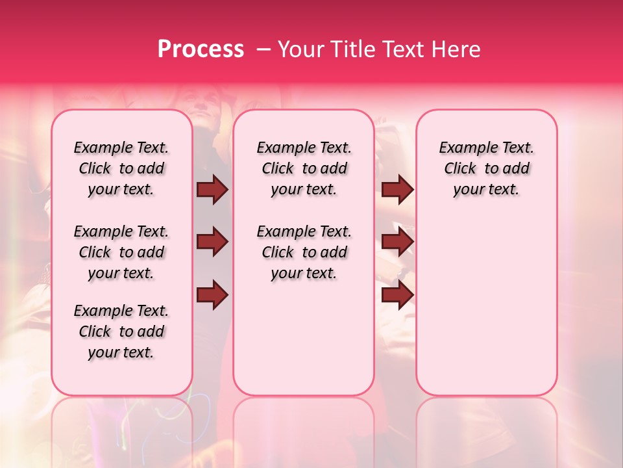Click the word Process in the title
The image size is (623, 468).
(x=200, y=49)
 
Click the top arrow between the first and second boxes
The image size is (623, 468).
(x=212, y=190)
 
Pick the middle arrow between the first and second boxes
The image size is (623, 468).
(x=212, y=242)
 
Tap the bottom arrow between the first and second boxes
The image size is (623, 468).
(x=212, y=295)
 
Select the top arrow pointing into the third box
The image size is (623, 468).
(x=397, y=190)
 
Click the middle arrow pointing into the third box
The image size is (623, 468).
(x=397, y=242)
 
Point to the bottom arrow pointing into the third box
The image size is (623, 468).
(x=397, y=295)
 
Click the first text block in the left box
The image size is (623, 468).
(x=121, y=168)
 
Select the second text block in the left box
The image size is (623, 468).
(x=121, y=252)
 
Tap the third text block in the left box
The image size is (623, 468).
(x=121, y=331)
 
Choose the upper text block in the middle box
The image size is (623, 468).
(x=304, y=168)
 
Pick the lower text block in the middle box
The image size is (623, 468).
(x=304, y=252)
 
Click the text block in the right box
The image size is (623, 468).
(x=487, y=168)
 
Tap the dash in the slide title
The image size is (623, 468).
(x=264, y=50)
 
